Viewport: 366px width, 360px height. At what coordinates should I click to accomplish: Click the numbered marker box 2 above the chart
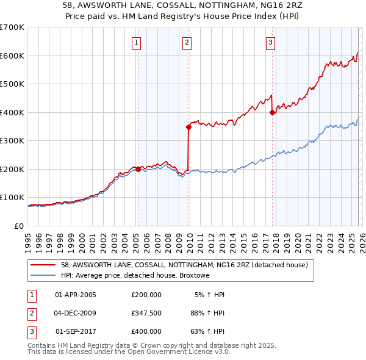(186, 42)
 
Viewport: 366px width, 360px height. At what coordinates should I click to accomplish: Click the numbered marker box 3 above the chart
(270, 42)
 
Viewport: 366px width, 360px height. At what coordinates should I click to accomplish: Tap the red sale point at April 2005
(138, 169)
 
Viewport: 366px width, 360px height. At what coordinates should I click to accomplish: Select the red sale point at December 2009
(188, 127)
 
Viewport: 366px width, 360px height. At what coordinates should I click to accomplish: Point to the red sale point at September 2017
(272, 112)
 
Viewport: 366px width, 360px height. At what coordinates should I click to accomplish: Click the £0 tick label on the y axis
(20, 226)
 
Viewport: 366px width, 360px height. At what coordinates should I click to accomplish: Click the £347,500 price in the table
(146, 313)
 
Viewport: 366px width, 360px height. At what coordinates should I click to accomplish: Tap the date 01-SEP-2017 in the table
(76, 331)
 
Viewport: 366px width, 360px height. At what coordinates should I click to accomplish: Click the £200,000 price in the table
(146, 295)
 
